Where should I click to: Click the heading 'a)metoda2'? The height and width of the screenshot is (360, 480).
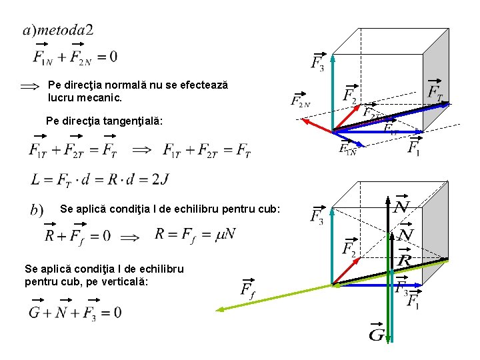tap(58, 30)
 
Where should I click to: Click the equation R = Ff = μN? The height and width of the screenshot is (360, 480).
tap(195, 234)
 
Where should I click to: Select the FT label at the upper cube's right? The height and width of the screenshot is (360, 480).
tap(435, 91)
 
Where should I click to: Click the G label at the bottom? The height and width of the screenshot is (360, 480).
tap(376, 333)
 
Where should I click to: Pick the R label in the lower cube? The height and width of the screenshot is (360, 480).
tap(404, 260)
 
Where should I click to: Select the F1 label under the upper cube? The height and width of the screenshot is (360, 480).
tap(414, 146)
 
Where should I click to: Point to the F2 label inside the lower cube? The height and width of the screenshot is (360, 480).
tap(349, 248)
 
